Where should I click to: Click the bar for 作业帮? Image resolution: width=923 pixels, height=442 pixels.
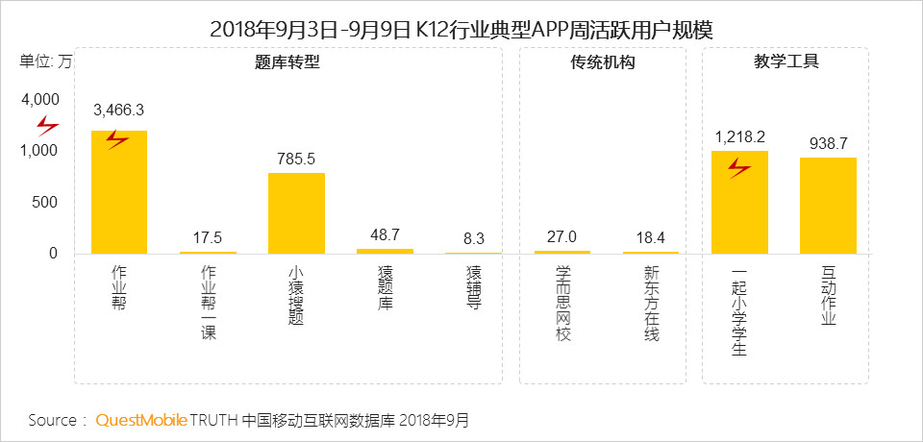pos(119,192)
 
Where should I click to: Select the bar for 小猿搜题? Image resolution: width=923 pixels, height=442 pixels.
pos(296,213)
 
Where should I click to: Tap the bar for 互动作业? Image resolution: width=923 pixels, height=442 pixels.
pos(828,206)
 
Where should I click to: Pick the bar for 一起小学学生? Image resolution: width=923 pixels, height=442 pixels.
pos(739,202)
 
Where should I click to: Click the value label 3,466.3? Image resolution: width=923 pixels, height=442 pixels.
pos(118,111)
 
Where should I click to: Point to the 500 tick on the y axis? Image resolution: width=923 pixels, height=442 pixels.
pos(46,203)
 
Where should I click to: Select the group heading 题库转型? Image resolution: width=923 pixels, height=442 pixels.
pos(287,63)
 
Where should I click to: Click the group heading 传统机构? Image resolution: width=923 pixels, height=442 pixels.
pos(602,63)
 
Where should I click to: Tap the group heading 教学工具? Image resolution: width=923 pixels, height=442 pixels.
pos(786,63)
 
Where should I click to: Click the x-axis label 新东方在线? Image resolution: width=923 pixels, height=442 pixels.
pos(651,304)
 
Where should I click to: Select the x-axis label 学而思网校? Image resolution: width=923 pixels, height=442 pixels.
pos(562,304)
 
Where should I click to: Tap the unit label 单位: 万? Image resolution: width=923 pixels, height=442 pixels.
pos(45,62)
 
